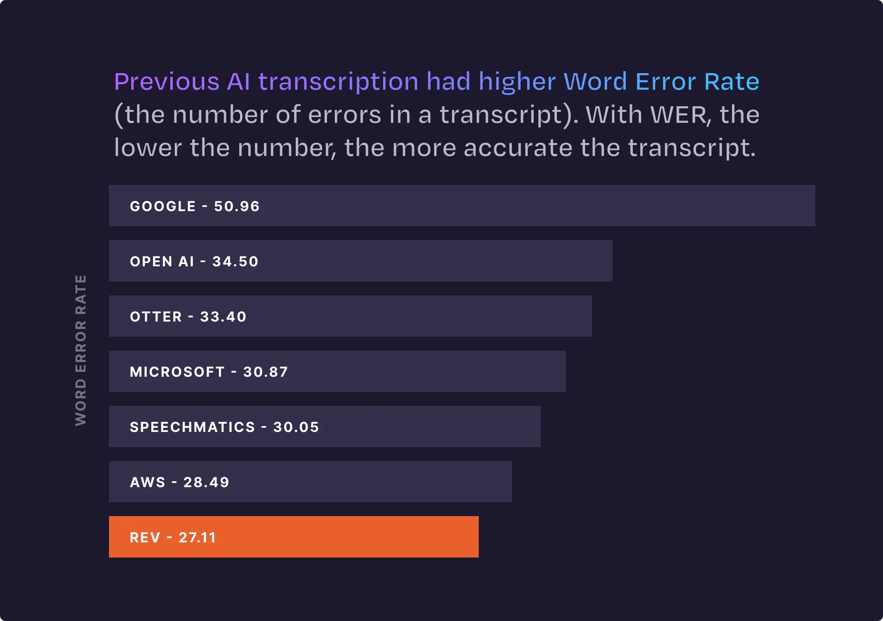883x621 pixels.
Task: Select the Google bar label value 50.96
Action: coord(237,206)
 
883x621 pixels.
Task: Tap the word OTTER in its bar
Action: coord(156,316)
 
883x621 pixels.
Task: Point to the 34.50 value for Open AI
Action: coord(235,261)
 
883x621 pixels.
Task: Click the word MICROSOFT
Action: coord(177,372)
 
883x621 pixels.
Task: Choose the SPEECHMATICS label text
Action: coord(192,427)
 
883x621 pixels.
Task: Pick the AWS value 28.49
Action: coord(206,482)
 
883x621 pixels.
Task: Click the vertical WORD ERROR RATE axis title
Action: coord(81,350)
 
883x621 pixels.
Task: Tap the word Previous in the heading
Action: coord(166,82)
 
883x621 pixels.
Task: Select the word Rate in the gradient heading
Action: coord(731,82)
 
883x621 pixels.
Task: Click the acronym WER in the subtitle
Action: coord(679,115)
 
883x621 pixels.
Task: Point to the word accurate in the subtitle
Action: coord(518,148)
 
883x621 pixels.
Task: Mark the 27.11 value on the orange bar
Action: coord(197,537)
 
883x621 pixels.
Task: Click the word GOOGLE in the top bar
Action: coord(163,206)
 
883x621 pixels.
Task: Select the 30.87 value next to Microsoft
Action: coord(265,372)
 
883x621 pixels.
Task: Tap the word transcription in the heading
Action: coord(338,82)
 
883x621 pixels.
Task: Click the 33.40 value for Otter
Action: coord(223,316)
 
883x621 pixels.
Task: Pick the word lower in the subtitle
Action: coord(148,148)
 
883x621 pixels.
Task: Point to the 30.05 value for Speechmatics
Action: coord(296,427)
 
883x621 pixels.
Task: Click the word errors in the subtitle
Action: coord(344,115)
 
